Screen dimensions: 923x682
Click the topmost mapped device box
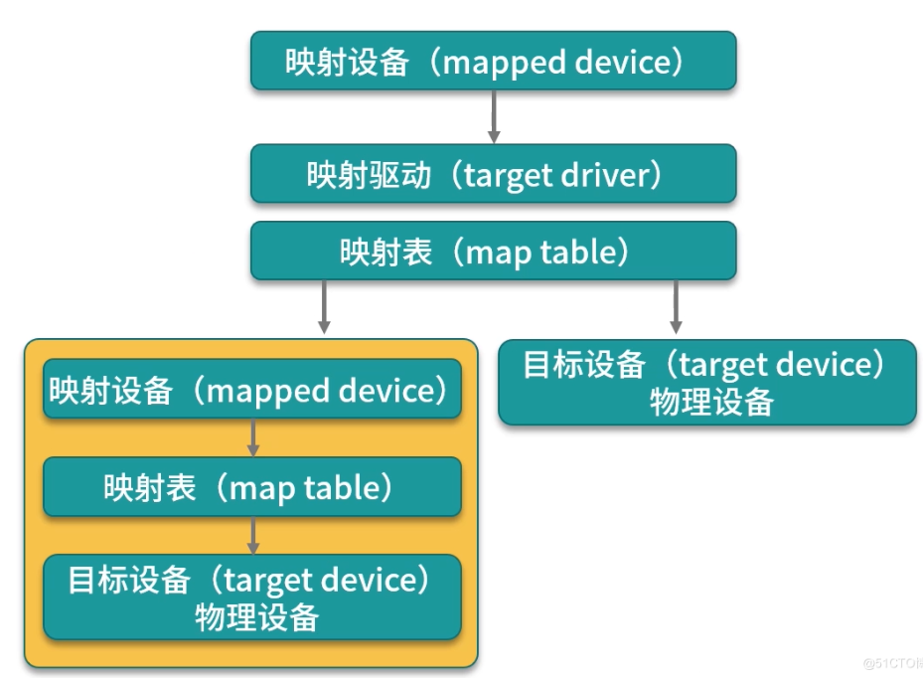(493, 61)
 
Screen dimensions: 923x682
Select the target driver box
(493, 174)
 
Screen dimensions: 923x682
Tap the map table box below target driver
(493, 251)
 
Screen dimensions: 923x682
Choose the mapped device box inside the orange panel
(252, 389)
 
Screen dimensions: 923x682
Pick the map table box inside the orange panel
(252, 486)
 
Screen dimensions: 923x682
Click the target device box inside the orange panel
(252, 597)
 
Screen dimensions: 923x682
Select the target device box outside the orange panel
(707, 382)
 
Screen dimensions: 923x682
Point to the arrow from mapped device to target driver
(494, 116)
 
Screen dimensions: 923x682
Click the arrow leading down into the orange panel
(324, 307)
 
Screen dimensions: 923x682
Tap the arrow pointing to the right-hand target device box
(676, 307)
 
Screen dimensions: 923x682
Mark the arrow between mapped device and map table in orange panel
(253, 437)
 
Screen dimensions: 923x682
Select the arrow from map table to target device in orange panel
(253, 535)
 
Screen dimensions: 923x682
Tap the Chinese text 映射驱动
(369, 175)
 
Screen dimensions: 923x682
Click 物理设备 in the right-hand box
(711, 403)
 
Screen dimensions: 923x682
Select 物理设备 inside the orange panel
(256, 617)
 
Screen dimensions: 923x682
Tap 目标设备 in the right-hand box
(584, 364)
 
